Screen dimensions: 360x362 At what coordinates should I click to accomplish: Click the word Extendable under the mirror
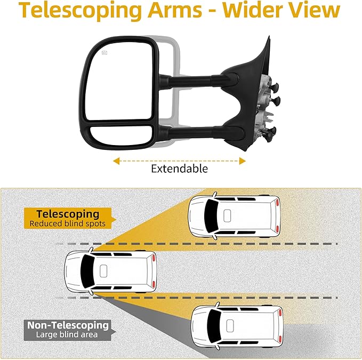[x=179, y=169]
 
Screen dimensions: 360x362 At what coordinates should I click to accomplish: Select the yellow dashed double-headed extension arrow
[x=179, y=160]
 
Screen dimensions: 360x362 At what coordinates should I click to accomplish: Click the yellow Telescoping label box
[x=68, y=218]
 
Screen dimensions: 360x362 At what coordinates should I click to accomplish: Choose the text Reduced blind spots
[x=68, y=224]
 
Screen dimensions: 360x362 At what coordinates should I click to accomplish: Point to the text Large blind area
[x=67, y=335]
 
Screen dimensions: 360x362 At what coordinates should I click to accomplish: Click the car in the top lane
[x=235, y=215]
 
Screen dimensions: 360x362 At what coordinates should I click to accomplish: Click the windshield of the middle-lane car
[x=85, y=271]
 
